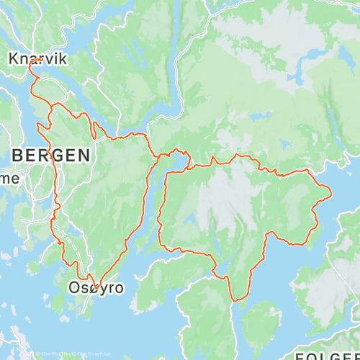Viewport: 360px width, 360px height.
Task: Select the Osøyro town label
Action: pos(96,288)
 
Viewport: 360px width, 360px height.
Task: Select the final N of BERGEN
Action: pos(85,154)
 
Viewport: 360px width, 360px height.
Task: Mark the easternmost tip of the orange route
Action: pos(330,192)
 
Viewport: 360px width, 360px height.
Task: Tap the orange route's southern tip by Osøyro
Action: pos(95,289)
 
